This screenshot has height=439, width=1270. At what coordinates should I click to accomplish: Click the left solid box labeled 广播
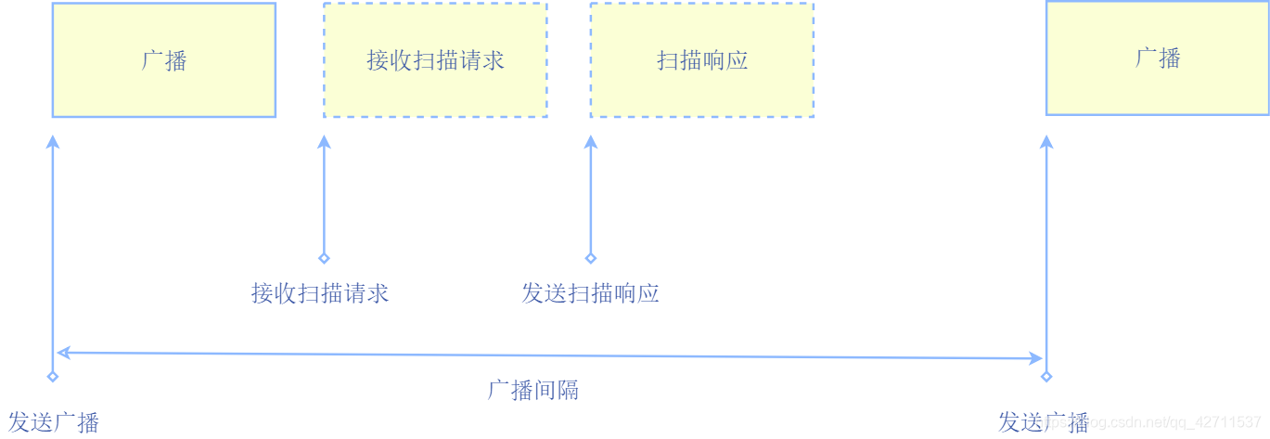(x=163, y=59)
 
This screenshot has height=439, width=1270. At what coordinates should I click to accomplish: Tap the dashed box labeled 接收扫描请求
(x=435, y=59)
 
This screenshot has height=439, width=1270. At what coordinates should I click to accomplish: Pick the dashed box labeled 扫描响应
(x=701, y=59)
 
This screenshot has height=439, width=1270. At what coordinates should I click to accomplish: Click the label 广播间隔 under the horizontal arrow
(x=533, y=390)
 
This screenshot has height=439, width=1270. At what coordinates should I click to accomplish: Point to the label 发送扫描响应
(x=590, y=293)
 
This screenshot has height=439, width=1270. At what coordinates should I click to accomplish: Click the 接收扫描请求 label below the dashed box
(x=320, y=293)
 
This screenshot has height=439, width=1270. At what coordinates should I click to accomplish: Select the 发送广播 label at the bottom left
(x=53, y=422)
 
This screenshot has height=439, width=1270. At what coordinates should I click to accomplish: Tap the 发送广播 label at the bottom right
(x=1043, y=422)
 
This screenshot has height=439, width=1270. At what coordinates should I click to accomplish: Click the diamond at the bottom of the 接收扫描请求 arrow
(x=324, y=258)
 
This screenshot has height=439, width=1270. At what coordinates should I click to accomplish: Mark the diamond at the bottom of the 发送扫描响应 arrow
(x=591, y=258)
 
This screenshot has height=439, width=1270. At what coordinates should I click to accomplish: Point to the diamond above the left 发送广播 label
(x=53, y=377)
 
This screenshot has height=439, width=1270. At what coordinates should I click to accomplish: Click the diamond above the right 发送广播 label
(x=1046, y=377)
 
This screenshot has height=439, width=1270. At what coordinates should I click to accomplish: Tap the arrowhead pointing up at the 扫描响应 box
(x=591, y=142)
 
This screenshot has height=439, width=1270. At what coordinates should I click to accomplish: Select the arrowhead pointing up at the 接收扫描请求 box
(x=324, y=142)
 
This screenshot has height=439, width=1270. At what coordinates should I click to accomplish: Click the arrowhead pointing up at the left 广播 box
(x=53, y=142)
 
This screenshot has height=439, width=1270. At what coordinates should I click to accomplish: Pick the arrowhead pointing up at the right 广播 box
(x=1046, y=142)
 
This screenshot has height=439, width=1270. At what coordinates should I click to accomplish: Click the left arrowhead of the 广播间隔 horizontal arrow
(x=63, y=353)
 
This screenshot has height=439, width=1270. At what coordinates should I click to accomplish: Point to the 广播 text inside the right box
(x=1158, y=58)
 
